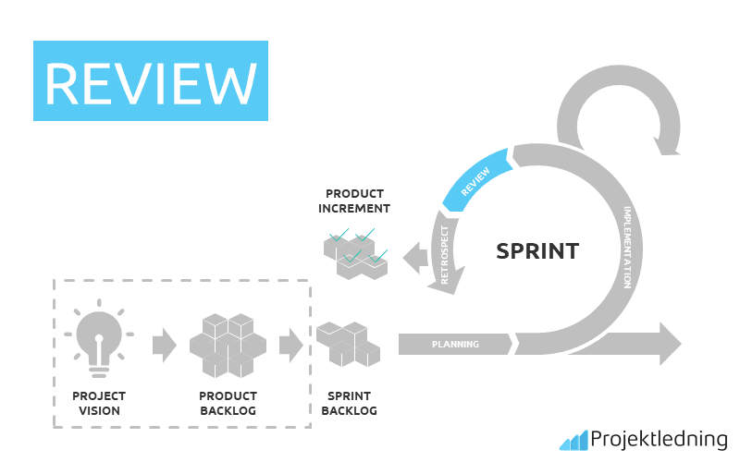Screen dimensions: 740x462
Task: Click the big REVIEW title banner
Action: coord(151,80)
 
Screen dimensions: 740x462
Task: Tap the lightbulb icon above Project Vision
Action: coord(99,338)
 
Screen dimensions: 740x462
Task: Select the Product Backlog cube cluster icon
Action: coord(228,346)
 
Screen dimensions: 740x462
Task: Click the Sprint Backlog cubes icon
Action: coord(349,344)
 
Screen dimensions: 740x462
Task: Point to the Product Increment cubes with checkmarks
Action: coord(356,254)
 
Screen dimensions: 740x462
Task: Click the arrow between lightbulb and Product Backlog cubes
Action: coord(165,345)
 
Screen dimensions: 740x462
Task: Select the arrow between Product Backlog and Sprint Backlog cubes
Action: coord(291,345)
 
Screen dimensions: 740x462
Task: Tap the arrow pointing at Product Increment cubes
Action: coord(415,258)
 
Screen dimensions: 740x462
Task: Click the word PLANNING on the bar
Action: coord(455,345)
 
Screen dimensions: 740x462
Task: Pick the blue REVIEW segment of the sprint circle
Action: coord(476,180)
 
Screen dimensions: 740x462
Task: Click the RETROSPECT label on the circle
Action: coord(445,255)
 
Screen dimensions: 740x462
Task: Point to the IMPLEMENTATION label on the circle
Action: coord(627,247)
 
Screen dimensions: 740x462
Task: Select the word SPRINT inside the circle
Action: coord(537,251)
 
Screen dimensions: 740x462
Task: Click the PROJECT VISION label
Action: coord(99,403)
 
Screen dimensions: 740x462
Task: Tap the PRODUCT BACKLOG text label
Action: coord(228,403)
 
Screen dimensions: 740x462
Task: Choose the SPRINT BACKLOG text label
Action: coord(350,403)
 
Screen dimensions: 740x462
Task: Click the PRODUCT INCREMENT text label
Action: coord(354,201)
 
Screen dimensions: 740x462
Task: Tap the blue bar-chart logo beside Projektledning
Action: coord(573,441)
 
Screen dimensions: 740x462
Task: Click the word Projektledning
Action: coord(659,440)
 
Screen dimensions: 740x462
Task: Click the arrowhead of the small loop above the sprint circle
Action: coord(666,145)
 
